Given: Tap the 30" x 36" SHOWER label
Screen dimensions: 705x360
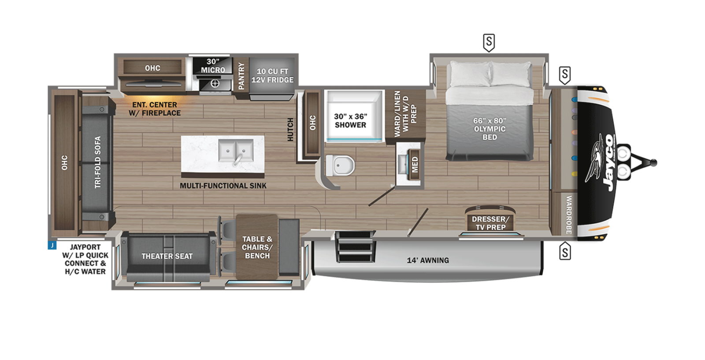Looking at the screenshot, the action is [350, 121].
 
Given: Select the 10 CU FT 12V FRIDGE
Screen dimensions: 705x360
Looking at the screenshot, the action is [272, 75].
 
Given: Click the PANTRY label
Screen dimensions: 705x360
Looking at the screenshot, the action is [241, 76].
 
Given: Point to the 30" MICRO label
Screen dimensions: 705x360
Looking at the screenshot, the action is [213, 66].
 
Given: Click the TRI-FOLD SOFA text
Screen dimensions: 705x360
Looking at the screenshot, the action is [98, 163].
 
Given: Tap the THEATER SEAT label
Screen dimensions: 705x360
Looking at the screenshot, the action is [167, 256].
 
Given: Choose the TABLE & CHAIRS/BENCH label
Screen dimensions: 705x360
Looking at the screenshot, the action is [257, 247].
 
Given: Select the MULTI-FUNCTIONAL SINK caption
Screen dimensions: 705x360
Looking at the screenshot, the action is [223, 186].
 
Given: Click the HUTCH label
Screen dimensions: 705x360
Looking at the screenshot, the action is [290, 130].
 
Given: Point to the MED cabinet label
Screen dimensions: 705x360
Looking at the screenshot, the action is [415, 165].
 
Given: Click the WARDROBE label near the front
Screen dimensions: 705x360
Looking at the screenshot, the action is [569, 215].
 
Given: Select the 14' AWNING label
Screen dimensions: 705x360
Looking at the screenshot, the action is [428, 260].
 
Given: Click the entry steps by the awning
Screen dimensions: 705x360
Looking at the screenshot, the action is [355, 247].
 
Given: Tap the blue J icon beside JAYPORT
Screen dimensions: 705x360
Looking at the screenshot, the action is [52, 245].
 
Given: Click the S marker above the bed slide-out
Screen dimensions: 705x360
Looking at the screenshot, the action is [489, 42].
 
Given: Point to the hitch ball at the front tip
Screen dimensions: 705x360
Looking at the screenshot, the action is [653, 163].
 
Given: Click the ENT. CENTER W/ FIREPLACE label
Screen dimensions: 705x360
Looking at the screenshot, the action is [155, 109].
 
